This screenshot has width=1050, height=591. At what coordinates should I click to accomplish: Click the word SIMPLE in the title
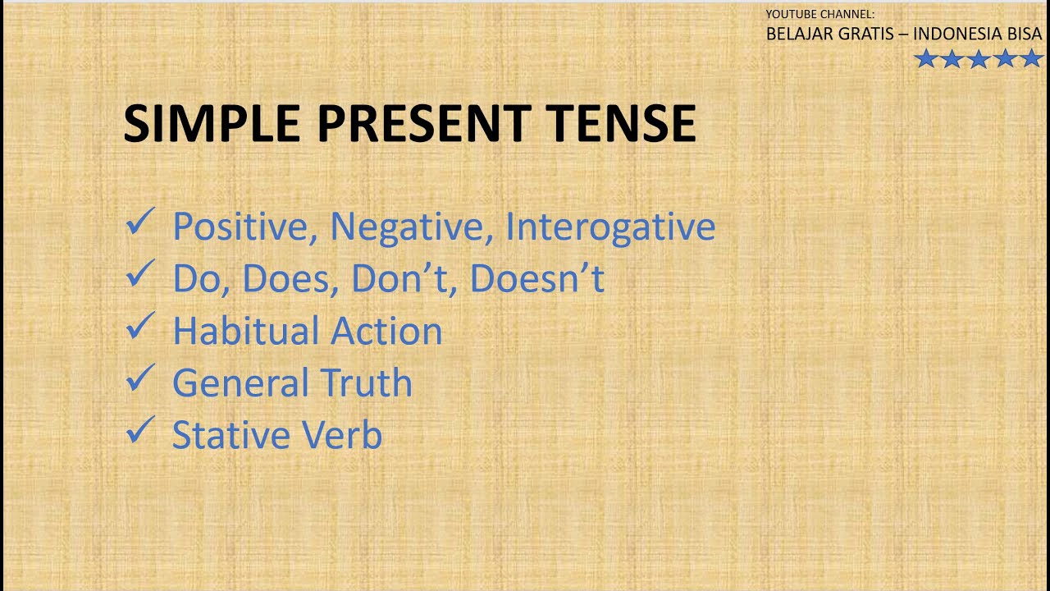(212, 124)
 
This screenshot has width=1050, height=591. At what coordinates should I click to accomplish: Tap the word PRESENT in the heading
(422, 124)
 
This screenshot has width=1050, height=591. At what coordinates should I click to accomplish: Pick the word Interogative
(609, 227)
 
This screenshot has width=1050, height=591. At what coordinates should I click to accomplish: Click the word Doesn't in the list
(536, 279)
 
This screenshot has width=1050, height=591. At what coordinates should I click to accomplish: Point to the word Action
(386, 332)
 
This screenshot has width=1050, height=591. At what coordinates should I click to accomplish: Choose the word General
(240, 383)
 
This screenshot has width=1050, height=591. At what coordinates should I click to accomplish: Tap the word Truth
(366, 383)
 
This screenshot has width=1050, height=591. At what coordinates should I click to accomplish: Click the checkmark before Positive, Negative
(140, 222)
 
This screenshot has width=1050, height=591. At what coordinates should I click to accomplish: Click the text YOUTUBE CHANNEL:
(820, 14)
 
